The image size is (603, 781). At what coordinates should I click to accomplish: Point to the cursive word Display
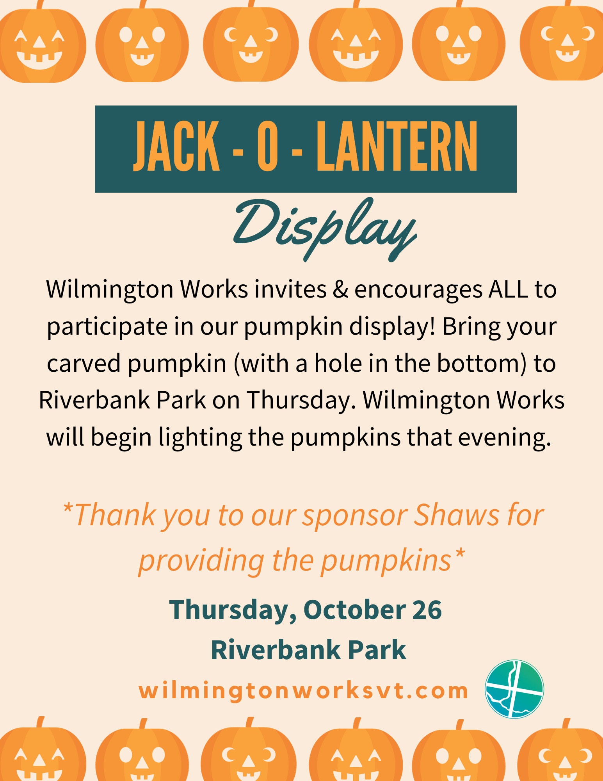click(x=325, y=228)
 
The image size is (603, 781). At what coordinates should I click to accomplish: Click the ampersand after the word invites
click(x=340, y=289)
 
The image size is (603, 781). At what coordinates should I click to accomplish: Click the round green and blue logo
click(x=514, y=689)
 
